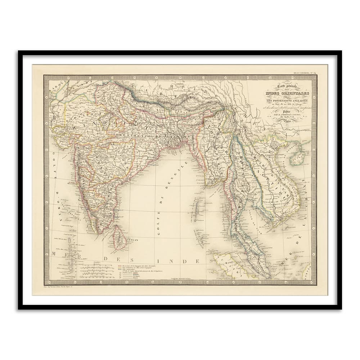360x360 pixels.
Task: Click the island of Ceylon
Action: [x=119, y=238]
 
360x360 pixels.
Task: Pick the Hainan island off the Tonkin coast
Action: [x=298, y=158]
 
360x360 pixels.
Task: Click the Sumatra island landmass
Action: [x=232, y=265]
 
